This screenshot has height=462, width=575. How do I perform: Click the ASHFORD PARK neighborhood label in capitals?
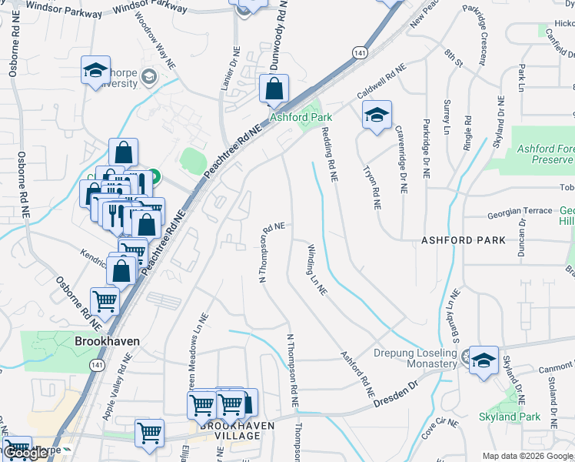[x=464, y=240]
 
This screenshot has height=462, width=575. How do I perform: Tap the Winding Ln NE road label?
[x=317, y=270]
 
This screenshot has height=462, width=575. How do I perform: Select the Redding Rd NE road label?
[x=329, y=154]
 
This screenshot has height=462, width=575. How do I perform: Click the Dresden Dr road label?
[x=395, y=397]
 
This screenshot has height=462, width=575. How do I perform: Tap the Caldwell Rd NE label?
[x=381, y=85]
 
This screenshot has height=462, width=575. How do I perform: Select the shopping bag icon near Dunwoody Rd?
[x=274, y=89]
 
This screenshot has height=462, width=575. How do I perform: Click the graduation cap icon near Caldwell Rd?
[x=376, y=115]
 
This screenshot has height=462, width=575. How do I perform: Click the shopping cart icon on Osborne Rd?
[x=105, y=303]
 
